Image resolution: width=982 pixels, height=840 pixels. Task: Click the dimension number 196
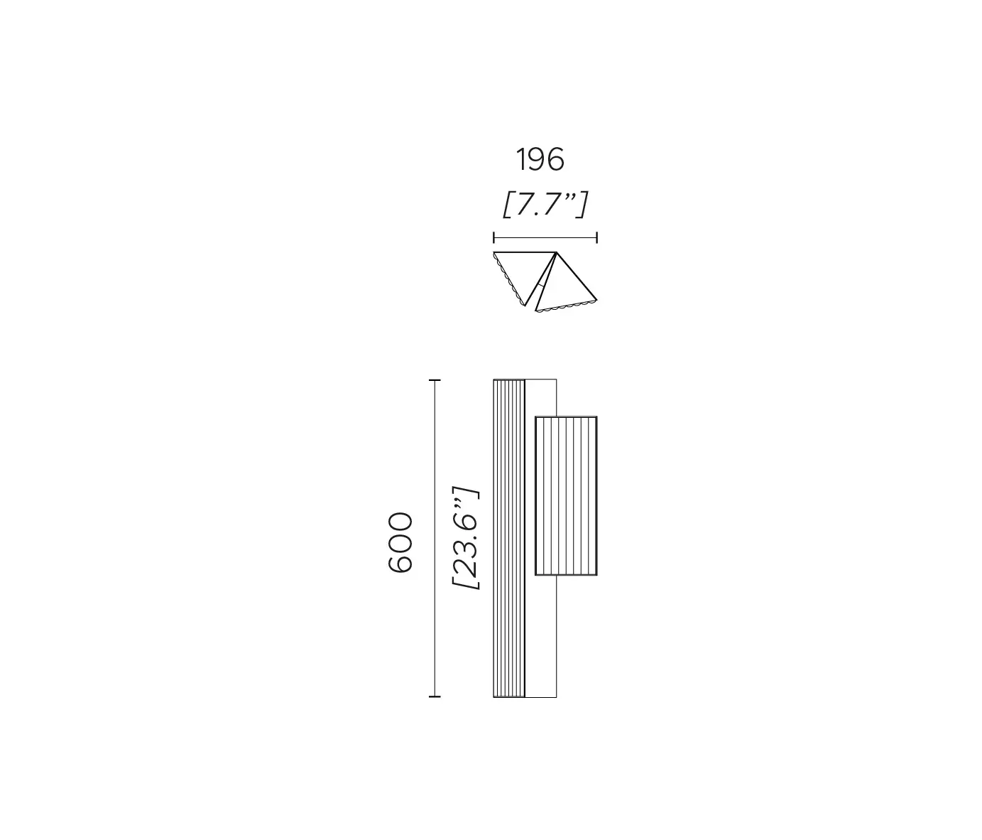540,160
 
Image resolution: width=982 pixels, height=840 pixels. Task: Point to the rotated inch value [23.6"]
467,538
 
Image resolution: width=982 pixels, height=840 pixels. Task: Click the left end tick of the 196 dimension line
494,237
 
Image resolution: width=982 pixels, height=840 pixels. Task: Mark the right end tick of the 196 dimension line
596,237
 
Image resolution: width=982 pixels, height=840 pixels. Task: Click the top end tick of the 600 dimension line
435,381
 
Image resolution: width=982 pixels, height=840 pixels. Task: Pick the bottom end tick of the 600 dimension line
435,696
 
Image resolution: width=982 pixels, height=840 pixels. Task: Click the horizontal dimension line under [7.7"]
545,237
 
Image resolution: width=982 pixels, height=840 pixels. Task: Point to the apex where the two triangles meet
556,254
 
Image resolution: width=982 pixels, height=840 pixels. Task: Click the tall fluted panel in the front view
509,538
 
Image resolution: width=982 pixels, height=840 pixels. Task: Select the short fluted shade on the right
566,495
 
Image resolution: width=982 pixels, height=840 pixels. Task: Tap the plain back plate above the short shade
540,397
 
